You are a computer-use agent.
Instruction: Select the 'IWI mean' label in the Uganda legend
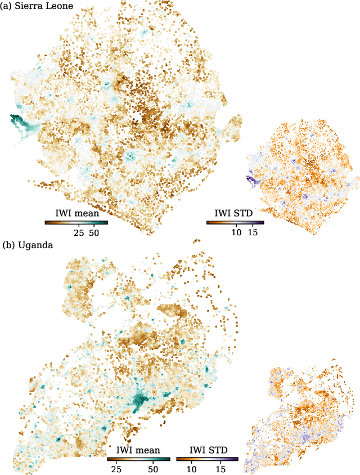pos(138,450)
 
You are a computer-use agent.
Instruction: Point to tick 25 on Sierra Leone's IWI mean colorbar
pos(79,232)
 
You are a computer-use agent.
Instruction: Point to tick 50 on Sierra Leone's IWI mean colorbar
pos(94,232)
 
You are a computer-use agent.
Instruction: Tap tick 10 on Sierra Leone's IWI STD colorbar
pos(236,232)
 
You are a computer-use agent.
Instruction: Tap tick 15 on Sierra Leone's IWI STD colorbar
pos(253,232)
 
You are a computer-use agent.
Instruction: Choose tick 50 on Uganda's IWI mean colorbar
pos(153,469)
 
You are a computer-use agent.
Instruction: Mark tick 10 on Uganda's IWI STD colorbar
pos(191,469)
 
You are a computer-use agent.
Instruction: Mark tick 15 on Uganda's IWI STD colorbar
pos(220,469)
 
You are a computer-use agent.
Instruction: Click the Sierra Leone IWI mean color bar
pos(76,222)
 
